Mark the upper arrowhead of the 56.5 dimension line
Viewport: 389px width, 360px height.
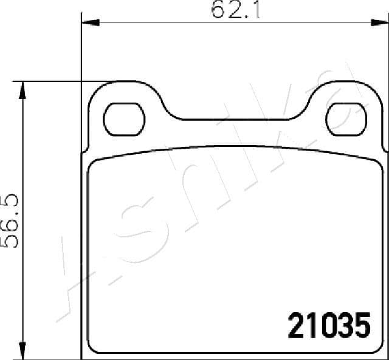click(x=23, y=89)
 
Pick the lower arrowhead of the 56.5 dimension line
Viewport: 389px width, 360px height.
click(x=23, y=352)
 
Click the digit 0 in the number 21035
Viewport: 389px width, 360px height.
click(x=326, y=326)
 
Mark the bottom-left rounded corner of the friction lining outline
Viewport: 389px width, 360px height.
click(x=92, y=348)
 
